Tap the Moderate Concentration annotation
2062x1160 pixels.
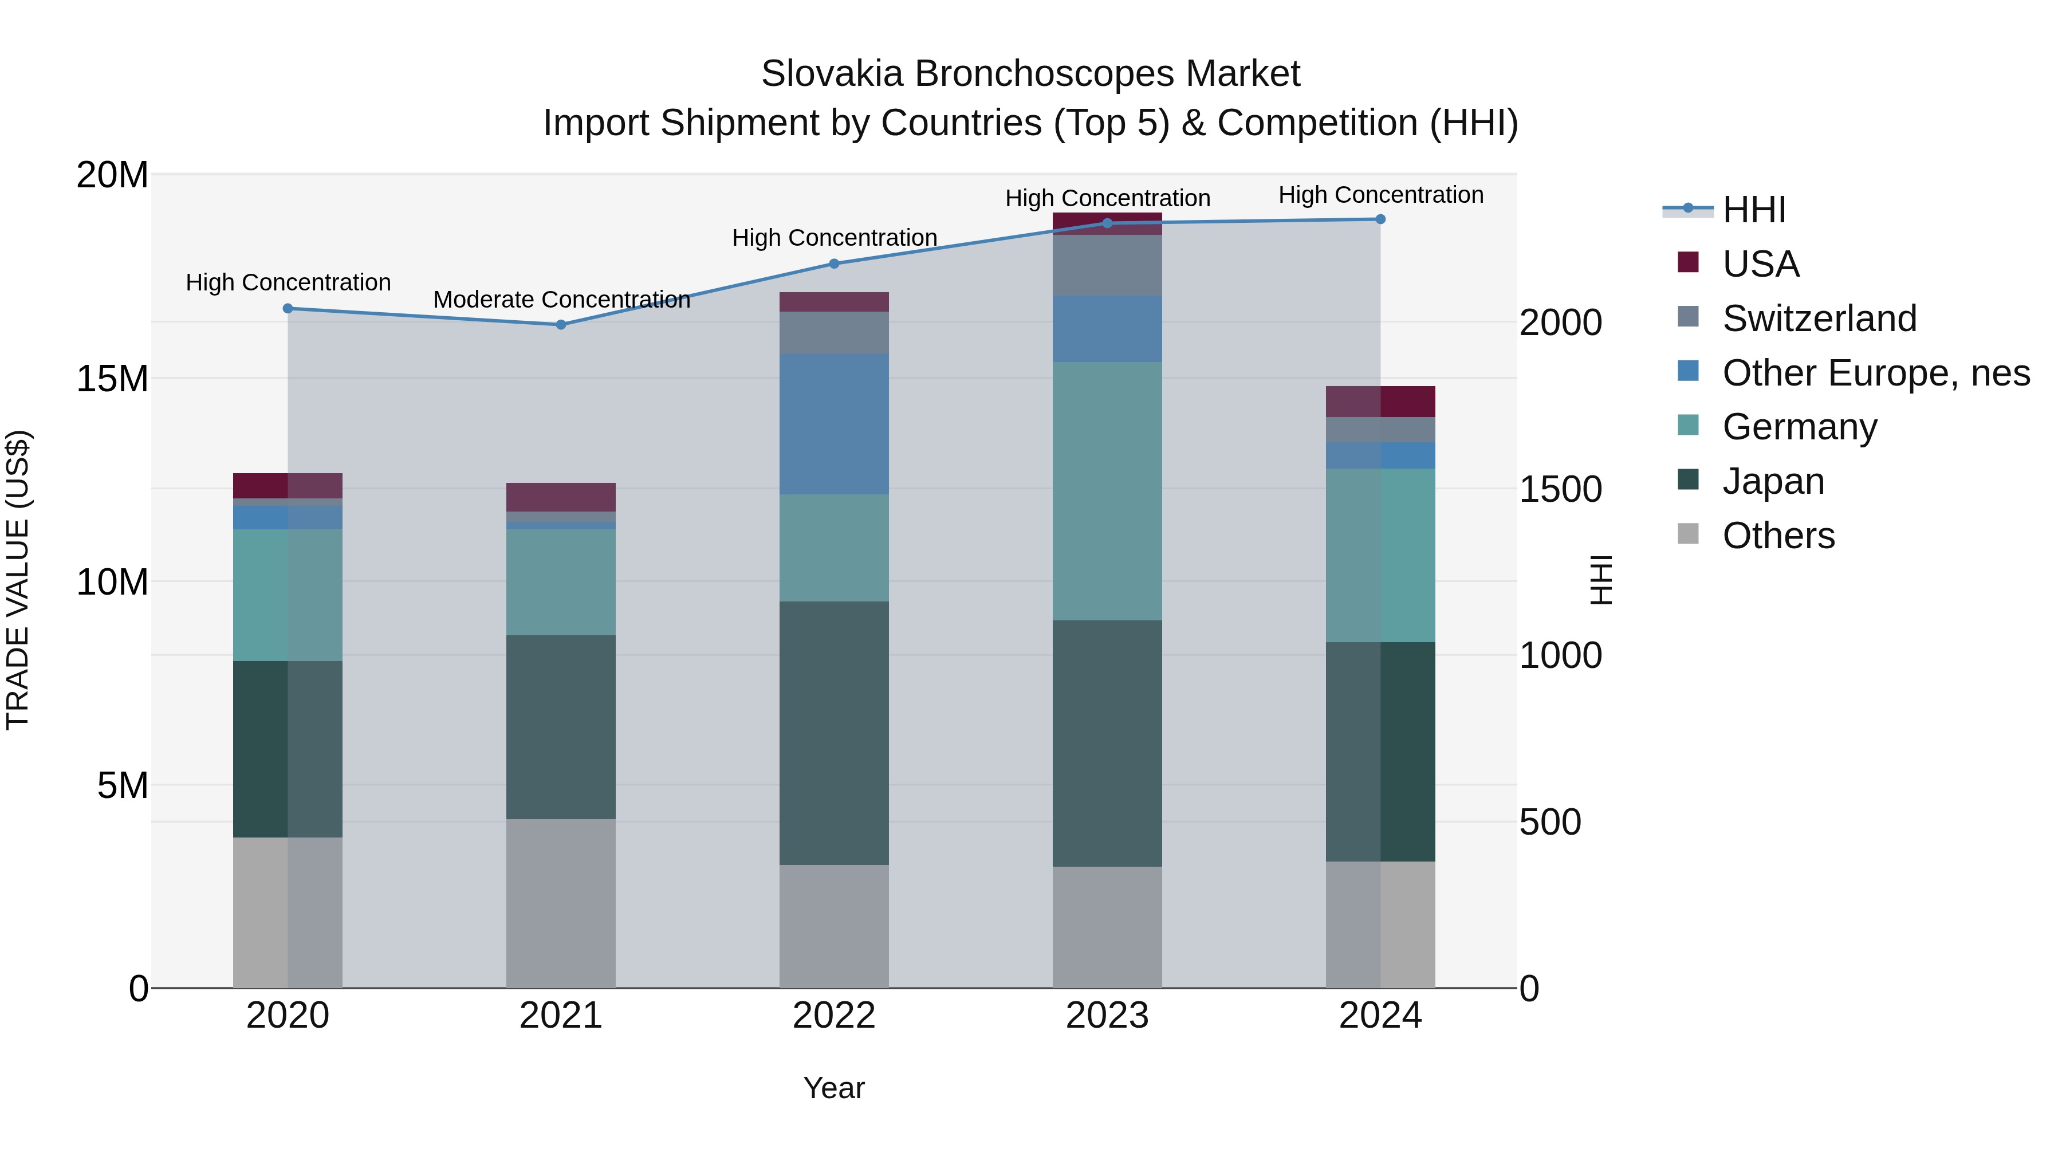click(561, 300)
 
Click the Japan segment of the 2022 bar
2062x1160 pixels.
click(833, 733)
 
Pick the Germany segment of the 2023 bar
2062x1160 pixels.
click(1107, 491)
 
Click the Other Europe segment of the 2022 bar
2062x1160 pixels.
click(833, 424)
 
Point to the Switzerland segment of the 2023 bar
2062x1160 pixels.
click(1107, 265)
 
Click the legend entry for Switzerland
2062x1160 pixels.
click(1819, 318)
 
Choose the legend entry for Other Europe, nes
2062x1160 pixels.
click(1875, 373)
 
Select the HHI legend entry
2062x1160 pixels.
click(1753, 210)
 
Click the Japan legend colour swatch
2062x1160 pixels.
click(1687, 479)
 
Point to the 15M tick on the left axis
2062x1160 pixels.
click(112, 379)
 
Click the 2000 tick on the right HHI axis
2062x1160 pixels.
click(1560, 323)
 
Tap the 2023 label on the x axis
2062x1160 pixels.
click(1107, 1016)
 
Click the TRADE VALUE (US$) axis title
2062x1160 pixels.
click(18, 580)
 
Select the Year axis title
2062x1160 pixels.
click(833, 1088)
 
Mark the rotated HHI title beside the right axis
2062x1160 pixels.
click(1600, 580)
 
